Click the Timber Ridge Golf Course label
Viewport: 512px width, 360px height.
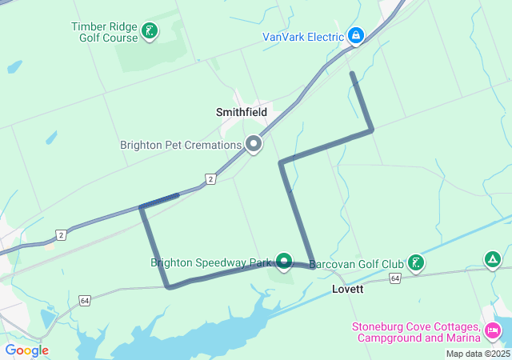point(104,31)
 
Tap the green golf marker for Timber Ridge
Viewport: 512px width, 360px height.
point(149,32)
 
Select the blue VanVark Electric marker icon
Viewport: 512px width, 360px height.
point(357,36)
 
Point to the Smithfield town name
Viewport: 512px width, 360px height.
point(242,113)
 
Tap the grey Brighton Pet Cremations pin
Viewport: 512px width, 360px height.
point(254,144)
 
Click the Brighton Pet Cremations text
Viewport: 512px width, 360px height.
point(181,146)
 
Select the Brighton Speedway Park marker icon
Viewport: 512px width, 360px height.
point(284,262)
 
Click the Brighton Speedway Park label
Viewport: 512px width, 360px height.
point(212,262)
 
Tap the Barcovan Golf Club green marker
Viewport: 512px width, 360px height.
point(415,262)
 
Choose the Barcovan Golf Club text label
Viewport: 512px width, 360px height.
point(357,263)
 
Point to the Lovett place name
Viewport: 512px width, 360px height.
point(347,289)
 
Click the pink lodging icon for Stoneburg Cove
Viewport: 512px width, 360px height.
point(493,329)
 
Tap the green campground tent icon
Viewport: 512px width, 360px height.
point(493,259)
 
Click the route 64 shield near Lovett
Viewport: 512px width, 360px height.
point(394,278)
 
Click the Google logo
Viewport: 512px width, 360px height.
point(26,350)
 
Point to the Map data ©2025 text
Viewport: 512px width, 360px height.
point(478,354)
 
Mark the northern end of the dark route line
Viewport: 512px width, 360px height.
point(352,74)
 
